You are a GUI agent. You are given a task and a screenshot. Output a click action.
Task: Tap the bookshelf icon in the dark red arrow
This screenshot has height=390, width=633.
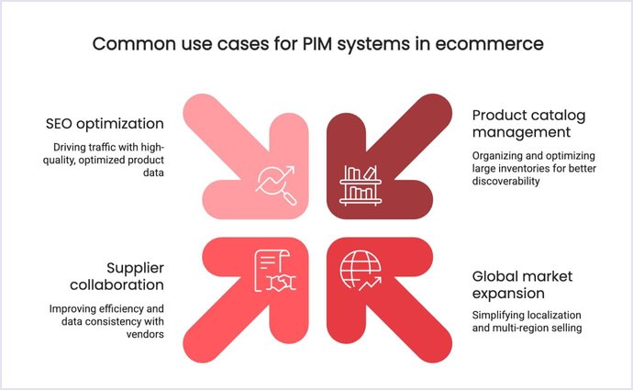tap(358, 183)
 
